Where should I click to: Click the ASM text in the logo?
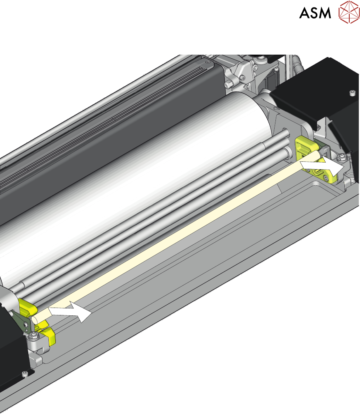[315, 13]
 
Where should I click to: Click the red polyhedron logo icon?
[349, 12]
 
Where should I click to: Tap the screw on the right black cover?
[352, 93]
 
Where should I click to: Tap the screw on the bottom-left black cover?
[25, 374]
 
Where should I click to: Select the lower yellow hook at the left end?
[48, 334]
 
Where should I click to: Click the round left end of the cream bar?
[35, 320]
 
